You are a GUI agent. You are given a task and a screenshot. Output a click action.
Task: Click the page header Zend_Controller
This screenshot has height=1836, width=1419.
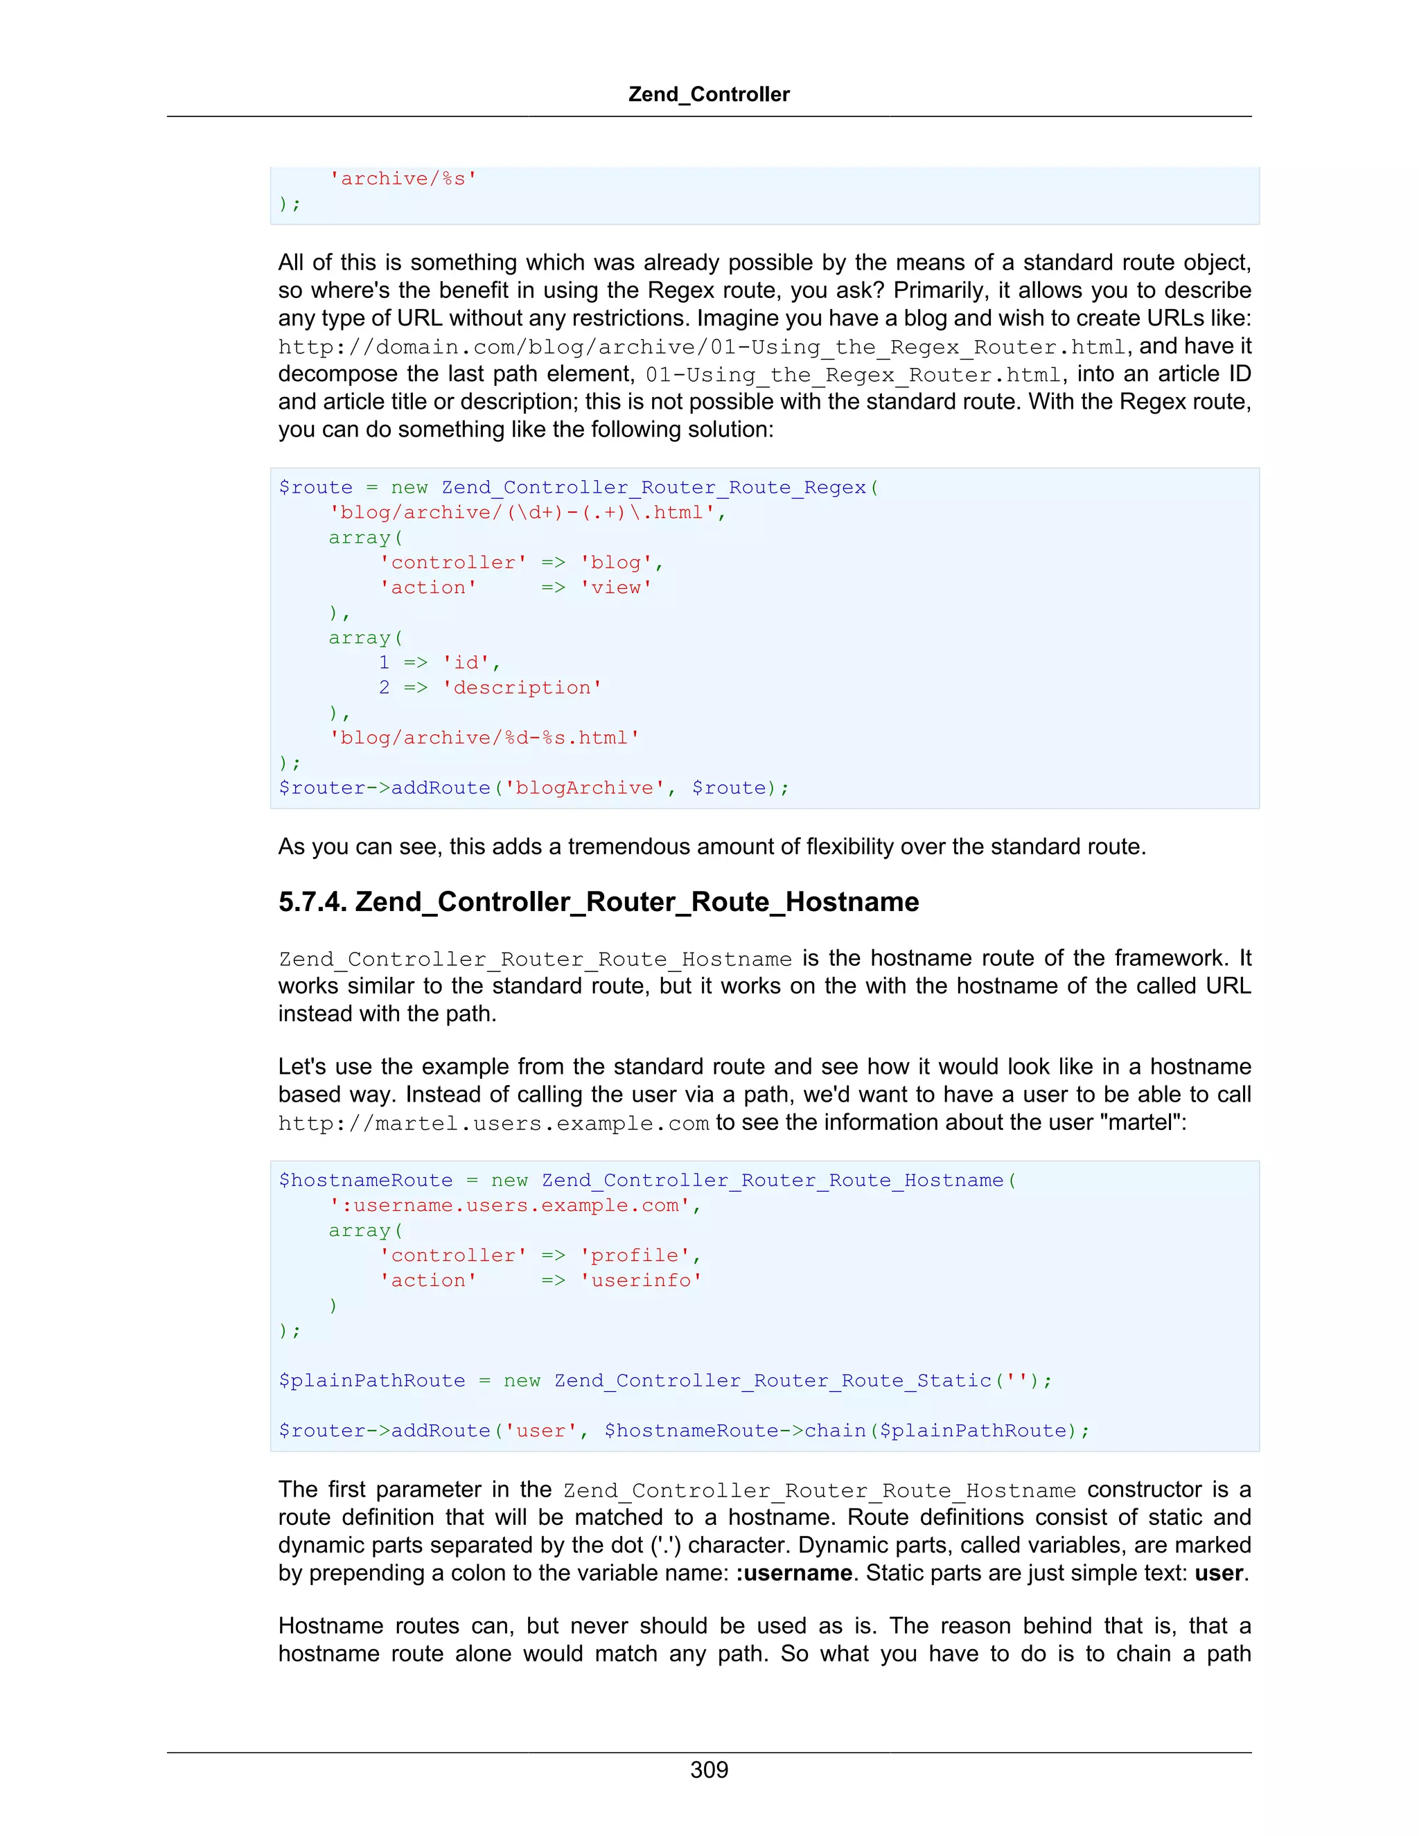click(709, 94)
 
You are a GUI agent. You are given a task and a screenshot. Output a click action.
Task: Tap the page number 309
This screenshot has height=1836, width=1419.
click(709, 1769)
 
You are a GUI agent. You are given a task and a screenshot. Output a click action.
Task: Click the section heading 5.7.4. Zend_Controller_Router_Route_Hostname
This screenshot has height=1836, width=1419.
click(598, 902)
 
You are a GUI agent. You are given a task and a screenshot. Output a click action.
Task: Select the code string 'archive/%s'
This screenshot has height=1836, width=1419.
click(403, 179)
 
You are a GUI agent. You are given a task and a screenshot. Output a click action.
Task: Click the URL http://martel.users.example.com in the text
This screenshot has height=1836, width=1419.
click(493, 1124)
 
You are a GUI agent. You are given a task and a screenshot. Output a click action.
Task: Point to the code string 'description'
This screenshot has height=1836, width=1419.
click(522, 688)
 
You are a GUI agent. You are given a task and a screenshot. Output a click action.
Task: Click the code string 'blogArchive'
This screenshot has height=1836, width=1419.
click(584, 788)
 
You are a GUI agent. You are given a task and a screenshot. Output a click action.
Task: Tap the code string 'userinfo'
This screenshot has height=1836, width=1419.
click(641, 1280)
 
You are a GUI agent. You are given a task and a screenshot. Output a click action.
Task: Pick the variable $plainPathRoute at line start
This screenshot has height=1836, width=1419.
click(371, 1380)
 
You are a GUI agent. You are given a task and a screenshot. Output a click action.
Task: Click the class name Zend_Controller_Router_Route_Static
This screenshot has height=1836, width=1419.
click(773, 1380)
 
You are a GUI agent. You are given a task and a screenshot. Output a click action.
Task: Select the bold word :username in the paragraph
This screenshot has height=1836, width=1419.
click(793, 1573)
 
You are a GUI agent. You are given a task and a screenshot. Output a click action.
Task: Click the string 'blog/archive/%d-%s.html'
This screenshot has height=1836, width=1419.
click(484, 738)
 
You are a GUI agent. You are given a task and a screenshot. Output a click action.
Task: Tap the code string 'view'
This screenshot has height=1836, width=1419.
click(615, 588)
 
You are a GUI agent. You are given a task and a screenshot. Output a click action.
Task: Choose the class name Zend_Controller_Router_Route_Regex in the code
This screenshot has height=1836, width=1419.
click(653, 488)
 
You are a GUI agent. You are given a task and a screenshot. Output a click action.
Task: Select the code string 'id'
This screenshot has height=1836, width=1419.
click(466, 662)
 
